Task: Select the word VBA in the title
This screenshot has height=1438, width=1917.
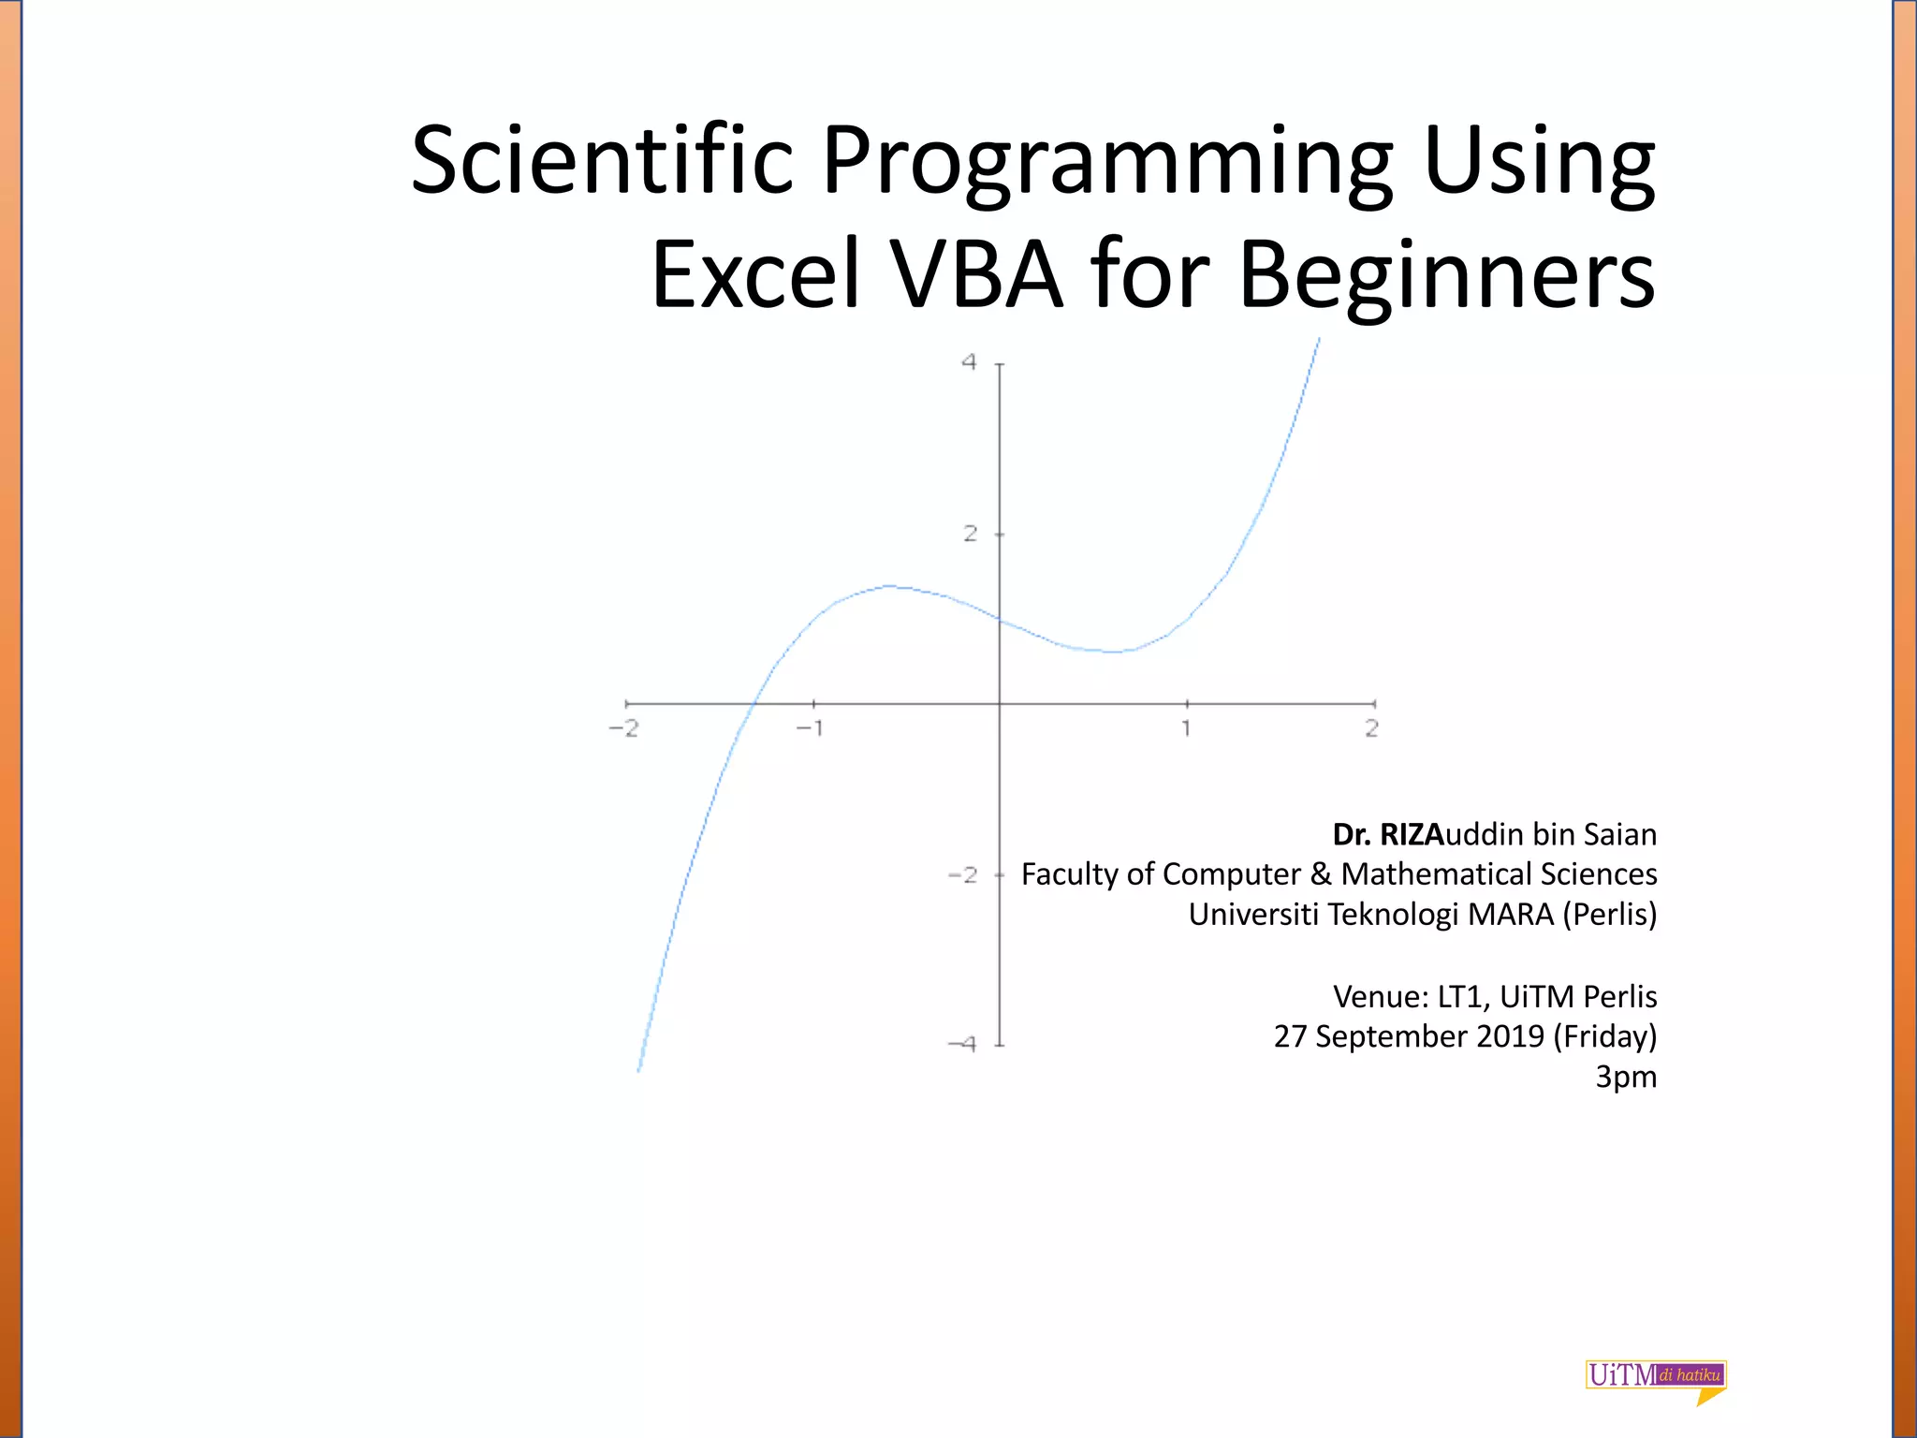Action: pos(977,274)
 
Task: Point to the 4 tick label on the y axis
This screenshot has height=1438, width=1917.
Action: pos(970,362)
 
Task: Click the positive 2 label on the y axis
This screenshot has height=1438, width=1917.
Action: pos(970,534)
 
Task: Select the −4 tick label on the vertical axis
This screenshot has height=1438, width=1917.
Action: pos(962,1044)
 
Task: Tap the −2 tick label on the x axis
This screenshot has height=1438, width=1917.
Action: pos(624,728)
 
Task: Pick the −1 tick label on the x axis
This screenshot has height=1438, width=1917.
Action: pos(811,728)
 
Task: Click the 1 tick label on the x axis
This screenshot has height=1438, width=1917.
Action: pos(1186,728)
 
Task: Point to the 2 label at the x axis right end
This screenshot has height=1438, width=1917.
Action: pos(1371,728)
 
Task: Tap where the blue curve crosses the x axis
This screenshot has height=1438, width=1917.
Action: pos(754,703)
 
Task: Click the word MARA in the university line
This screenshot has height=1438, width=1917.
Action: pos(1509,914)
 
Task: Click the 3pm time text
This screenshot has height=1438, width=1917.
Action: pos(1626,1077)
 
